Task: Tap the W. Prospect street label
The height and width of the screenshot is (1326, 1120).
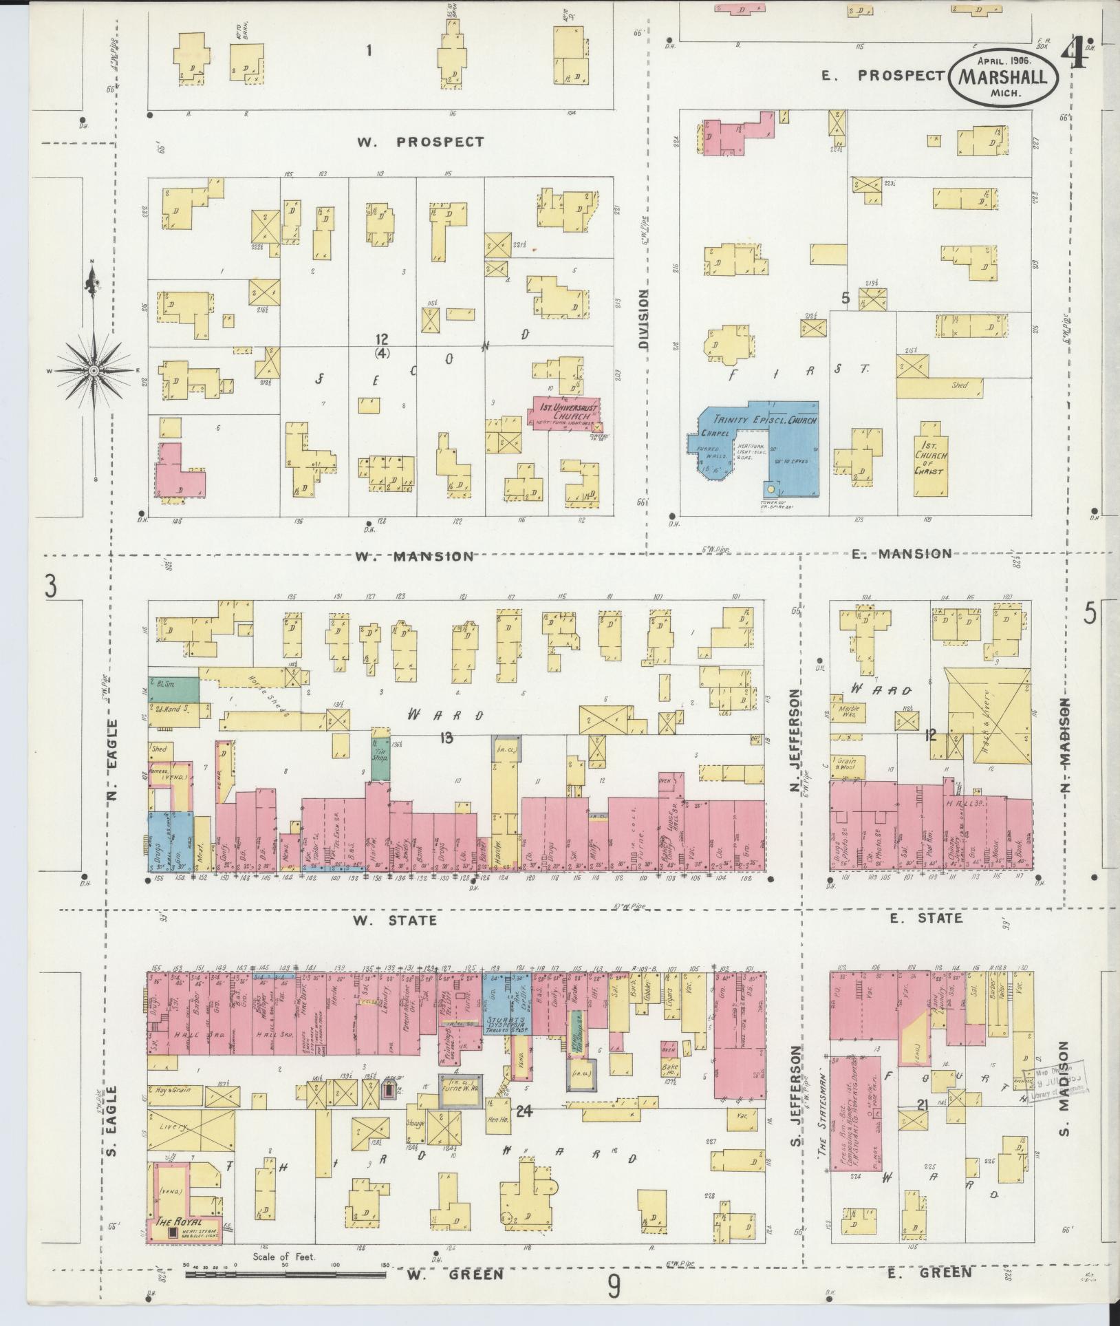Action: click(x=420, y=142)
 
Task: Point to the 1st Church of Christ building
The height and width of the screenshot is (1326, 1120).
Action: click(x=931, y=458)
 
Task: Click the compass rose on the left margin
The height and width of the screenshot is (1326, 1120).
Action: click(x=94, y=370)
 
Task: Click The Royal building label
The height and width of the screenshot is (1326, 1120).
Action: click(x=178, y=1222)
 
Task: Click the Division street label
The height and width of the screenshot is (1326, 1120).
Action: click(x=643, y=319)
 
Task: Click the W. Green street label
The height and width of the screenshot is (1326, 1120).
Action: click(x=454, y=1275)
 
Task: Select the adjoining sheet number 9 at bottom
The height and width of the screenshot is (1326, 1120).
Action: click(x=614, y=1283)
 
